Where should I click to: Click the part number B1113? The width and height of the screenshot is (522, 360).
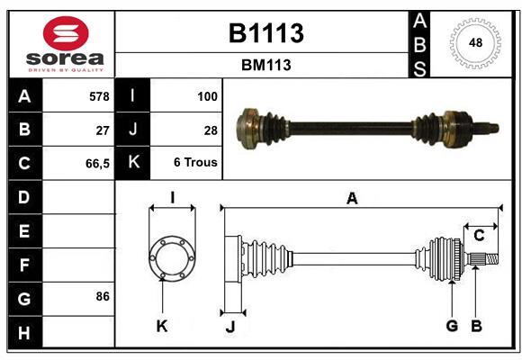265,33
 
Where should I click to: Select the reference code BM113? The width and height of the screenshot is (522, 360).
265,65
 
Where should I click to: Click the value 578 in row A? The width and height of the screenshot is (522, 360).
99,95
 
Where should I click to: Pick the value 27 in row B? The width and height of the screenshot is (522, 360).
103,130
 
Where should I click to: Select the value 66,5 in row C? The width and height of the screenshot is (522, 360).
97,164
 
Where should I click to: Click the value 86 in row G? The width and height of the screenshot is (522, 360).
102,296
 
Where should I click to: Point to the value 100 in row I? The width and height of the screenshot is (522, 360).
207,95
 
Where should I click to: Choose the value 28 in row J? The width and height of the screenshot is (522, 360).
211,130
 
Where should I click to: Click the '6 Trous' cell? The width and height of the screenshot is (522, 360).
196,164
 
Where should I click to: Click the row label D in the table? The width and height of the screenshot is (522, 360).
24,197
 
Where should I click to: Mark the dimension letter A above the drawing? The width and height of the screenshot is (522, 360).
352,199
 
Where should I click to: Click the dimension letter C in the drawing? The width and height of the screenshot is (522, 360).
479,236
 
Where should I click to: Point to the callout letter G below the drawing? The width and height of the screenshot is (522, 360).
452,325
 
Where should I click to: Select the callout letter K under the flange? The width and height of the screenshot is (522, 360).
162,325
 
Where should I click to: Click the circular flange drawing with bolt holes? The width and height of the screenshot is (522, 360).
171,257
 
